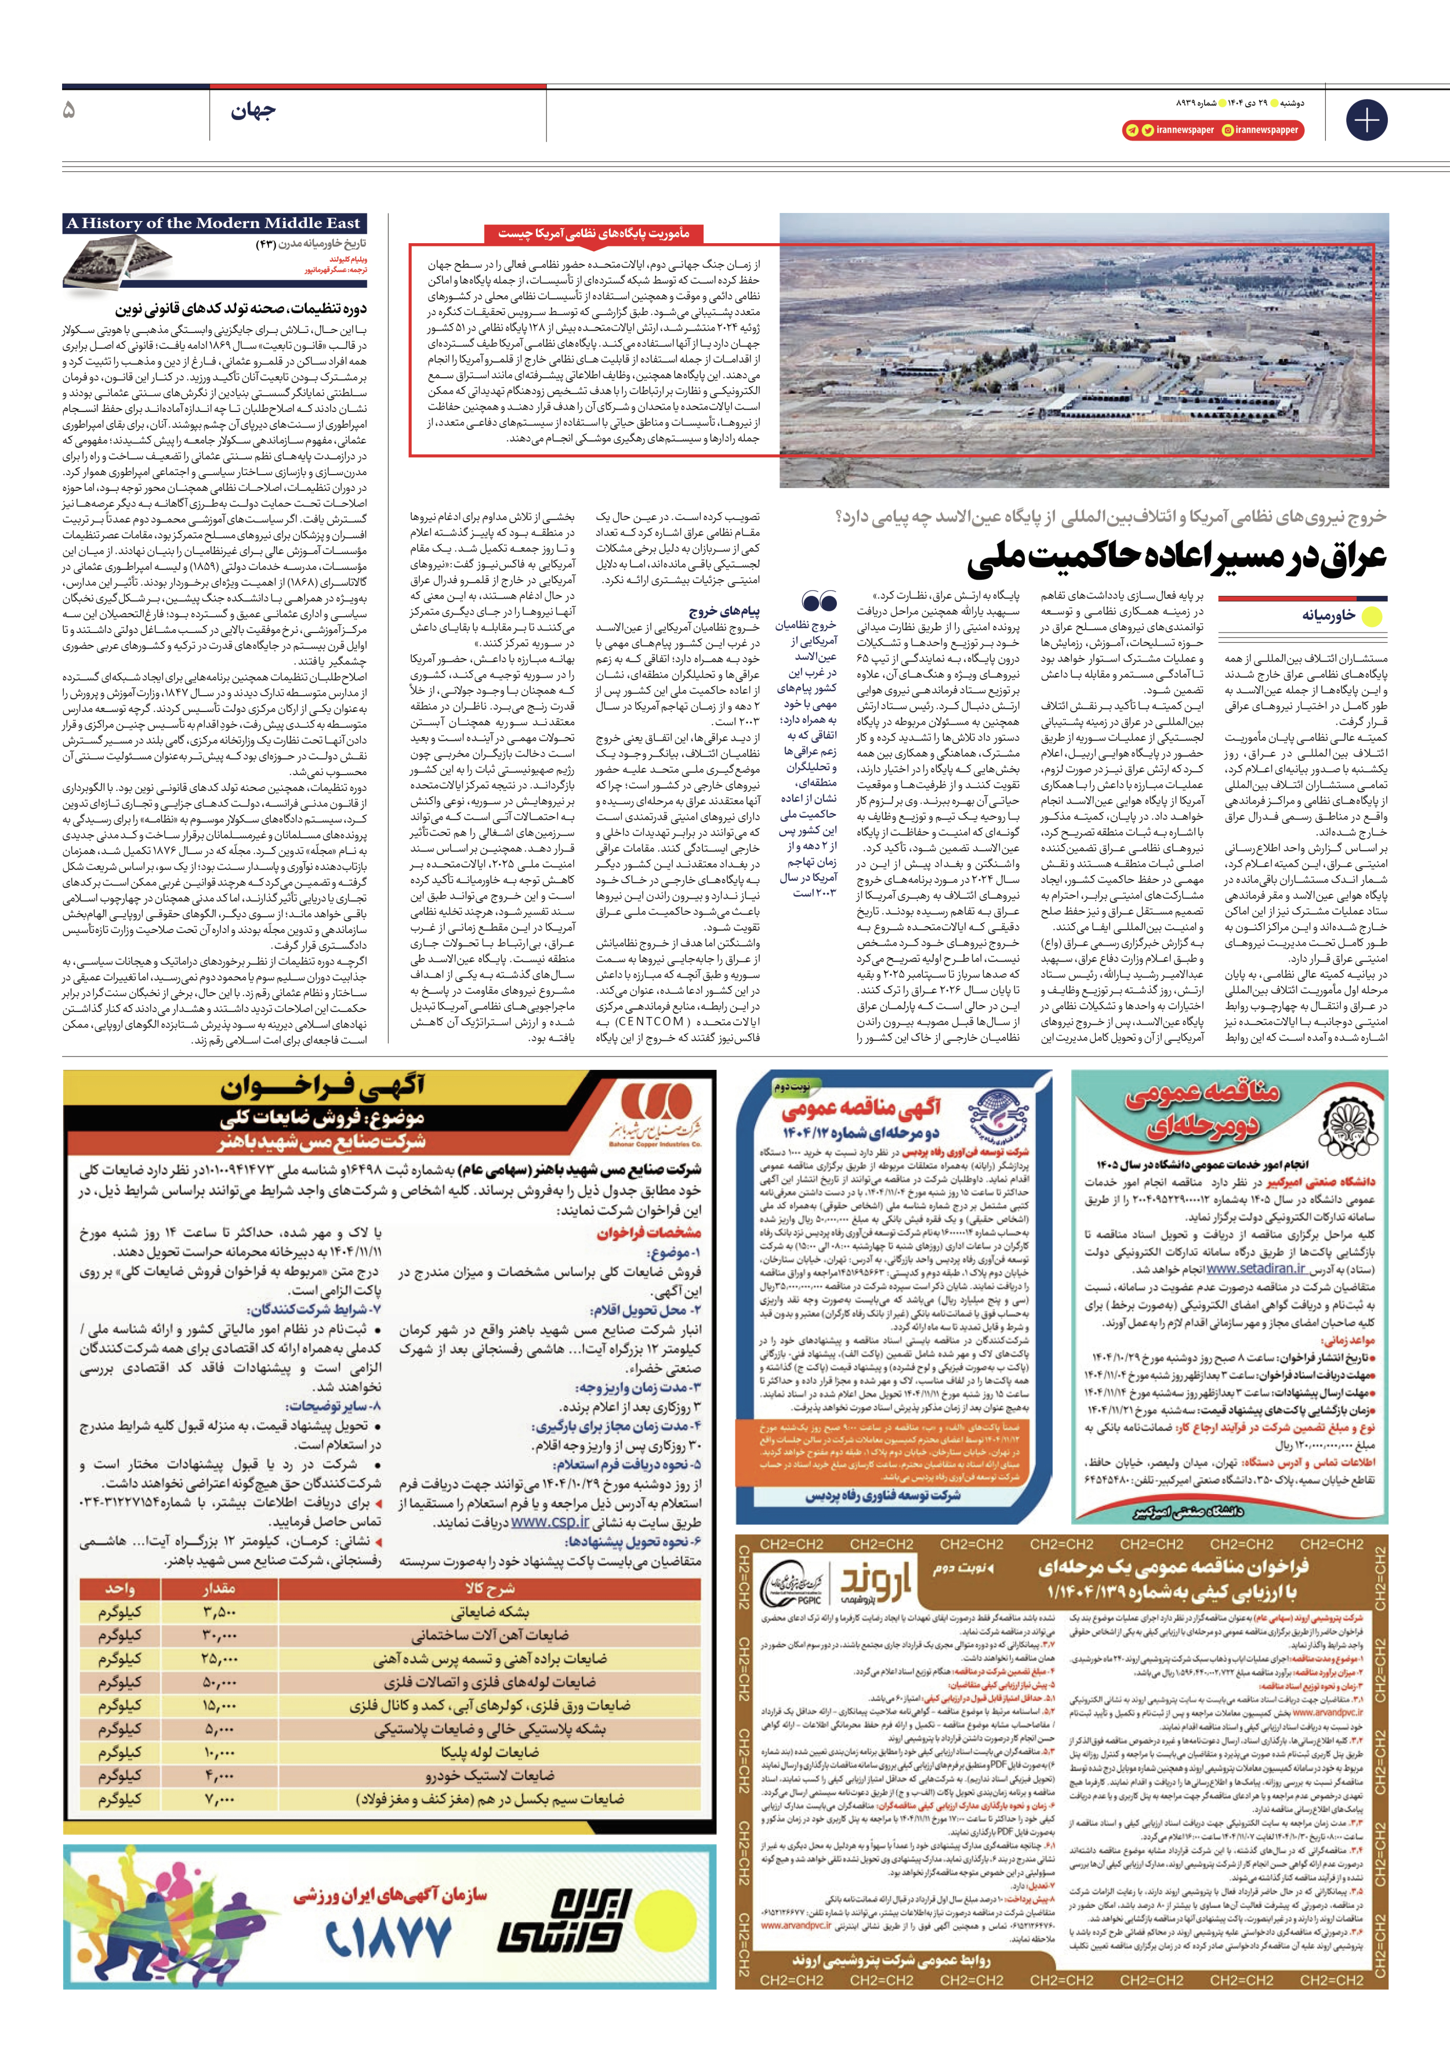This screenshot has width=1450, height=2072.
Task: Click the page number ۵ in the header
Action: [70, 111]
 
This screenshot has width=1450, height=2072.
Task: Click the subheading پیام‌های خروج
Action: [724, 611]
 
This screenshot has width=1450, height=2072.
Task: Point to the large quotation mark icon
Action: [820, 602]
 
